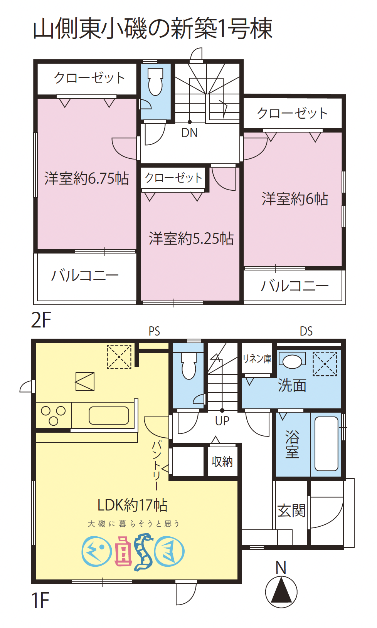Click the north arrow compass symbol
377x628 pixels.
281,591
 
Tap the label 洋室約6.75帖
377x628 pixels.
86,178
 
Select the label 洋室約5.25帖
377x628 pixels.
191,238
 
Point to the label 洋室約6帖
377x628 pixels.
295,199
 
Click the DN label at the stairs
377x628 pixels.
189,133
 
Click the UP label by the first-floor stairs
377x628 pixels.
222,421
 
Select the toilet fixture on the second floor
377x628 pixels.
155,82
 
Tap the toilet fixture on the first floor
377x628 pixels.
188,366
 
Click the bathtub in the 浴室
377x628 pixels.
326,444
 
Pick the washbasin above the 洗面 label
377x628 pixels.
292,361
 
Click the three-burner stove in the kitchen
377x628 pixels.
54,415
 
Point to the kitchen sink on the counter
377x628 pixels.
109,415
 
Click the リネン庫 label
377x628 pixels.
257,359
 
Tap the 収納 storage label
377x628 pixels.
222,461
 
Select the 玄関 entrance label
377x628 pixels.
291,510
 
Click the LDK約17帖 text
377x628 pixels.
132,505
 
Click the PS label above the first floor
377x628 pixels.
154,331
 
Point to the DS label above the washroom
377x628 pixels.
306,331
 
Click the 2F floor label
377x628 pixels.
41,320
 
